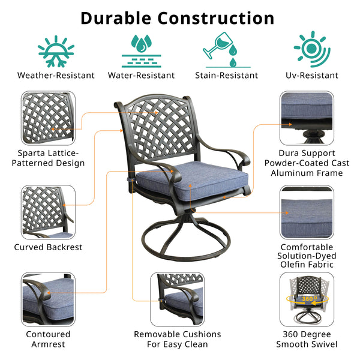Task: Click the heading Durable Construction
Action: [x=178, y=19]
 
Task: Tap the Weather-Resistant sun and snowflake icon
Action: [x=56, y=52]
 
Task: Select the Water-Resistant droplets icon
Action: [x=142, y=51]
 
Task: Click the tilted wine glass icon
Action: [x=217, y=46]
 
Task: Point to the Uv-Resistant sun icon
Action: [x=312, y=49]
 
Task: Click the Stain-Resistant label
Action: [x=227, y=76]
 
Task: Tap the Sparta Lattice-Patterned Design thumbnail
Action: [x=48, y=118]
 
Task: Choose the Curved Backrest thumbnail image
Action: [x=48, y=212]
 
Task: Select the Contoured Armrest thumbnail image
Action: [x=48, y=299]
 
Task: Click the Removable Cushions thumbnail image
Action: [x=177, y=299]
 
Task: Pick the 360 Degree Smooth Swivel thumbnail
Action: [x=307, y=299]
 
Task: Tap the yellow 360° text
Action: [x=310, y=299]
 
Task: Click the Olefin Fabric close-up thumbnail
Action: [x=307, y=212]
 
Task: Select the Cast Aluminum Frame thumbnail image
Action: [x=307, y=118]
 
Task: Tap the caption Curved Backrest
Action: [x=48, y=247]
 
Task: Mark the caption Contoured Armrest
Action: [x=48, y=339]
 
